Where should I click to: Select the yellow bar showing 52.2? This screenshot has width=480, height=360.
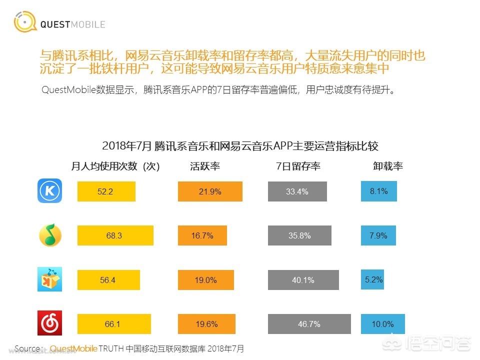(106, 191)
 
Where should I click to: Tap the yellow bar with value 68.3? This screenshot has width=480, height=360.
(115, 235)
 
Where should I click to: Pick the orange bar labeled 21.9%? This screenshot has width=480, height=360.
(210, 191)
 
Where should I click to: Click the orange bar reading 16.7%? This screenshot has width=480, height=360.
(202, 235)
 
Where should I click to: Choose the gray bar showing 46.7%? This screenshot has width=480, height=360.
(309, 324)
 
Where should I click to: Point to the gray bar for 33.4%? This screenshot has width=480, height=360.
(297, 191)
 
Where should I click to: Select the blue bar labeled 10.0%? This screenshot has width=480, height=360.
(382, 324)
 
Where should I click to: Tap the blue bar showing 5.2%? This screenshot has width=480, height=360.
(372, 279)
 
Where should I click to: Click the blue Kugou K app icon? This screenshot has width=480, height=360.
(49, 191)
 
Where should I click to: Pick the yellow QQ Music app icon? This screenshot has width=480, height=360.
(50, 235)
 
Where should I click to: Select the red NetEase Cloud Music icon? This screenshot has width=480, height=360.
(50, 323)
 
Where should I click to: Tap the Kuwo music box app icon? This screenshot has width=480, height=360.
(50, 279)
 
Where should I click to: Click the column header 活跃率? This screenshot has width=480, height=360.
(205, 167)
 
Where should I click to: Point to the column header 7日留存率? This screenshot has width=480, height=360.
(298, 167)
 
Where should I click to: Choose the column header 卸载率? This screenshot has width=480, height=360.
(387, 167)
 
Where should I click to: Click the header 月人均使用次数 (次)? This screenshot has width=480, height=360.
(115, 167)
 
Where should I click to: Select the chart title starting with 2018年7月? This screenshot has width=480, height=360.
(240, 146)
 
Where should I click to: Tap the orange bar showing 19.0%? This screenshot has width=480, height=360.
(205, 280)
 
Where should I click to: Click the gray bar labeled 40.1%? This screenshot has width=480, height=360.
(303, 280)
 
